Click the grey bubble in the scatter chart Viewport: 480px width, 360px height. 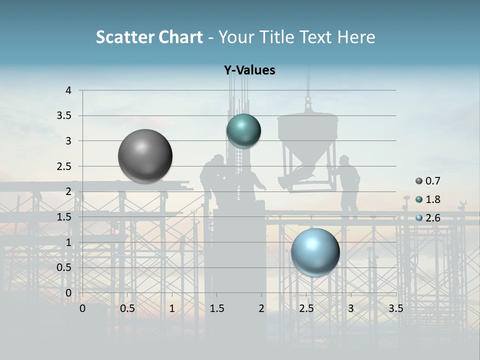coord(145,156)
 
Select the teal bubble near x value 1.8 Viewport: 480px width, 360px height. coord(243,131)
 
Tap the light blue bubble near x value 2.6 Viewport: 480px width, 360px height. coord(315,252)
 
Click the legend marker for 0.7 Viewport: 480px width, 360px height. coord(419,181)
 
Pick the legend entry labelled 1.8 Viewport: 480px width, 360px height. coord(433,199)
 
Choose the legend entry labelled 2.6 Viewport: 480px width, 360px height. coord(433,218)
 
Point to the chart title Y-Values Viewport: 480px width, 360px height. coord(249,70)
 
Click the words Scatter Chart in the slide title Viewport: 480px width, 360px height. coord(149,37)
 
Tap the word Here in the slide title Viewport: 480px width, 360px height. coord(356,37)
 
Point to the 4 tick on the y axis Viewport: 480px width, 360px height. coord(68,90)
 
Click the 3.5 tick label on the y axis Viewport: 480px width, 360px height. coord(64,116)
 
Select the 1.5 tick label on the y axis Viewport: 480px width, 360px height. coord(64,217)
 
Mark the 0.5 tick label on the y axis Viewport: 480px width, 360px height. coord(64,267)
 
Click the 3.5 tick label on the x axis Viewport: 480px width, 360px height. coord(395,308)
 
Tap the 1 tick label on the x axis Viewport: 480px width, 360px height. coord(172,308)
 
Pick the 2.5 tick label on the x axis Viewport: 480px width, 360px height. coord(306,308)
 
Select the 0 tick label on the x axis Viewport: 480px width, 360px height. coord(82,308)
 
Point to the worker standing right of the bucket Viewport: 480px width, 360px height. coord(347,185)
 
